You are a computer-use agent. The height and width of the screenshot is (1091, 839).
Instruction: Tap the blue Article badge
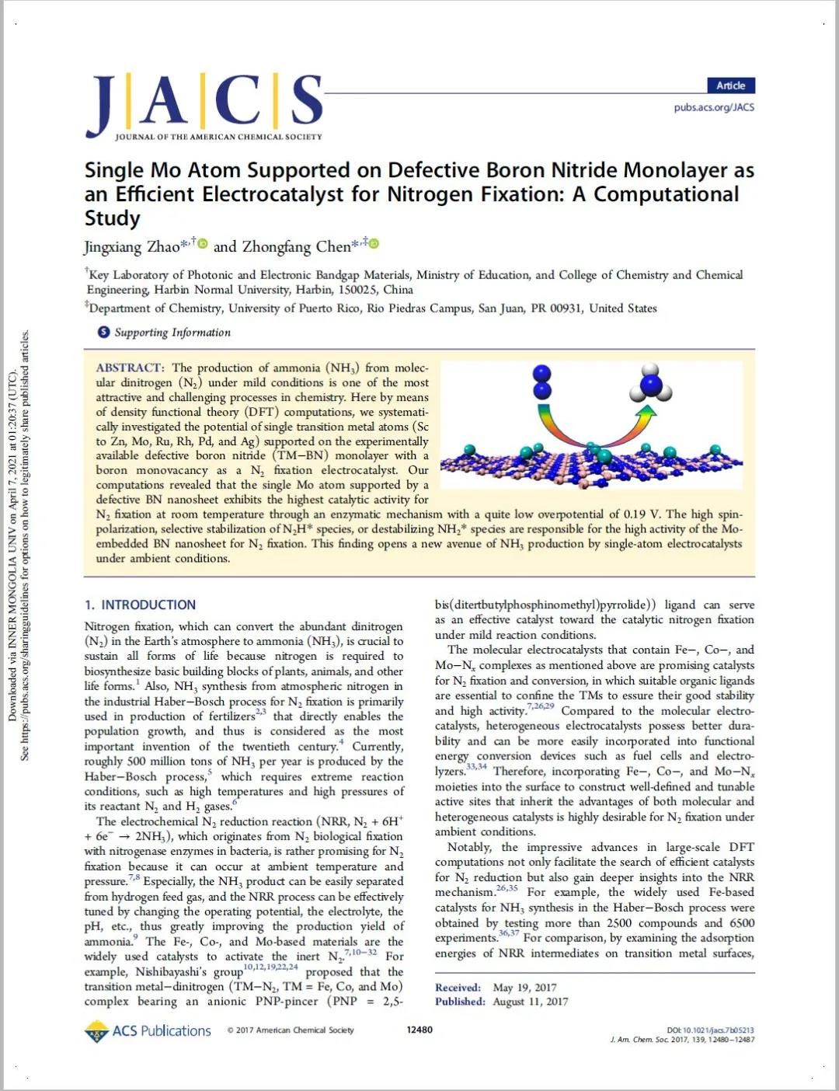(x=730, y=85)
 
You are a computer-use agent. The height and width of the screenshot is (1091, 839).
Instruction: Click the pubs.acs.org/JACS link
(x=713, y=107)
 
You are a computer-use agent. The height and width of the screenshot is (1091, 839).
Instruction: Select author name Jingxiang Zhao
(x=131, y=247)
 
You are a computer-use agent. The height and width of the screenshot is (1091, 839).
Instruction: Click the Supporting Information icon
(x=103, y=332)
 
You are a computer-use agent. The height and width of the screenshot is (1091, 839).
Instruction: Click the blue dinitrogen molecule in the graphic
(x=542, y=381)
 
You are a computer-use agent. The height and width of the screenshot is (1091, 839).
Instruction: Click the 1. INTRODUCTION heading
(x=141, y=605)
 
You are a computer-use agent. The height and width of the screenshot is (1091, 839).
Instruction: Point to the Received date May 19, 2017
(x=524, y=988)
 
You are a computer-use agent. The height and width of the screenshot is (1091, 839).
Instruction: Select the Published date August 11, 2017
(x=530, y=1002)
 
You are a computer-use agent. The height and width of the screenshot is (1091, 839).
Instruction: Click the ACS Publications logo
(x=148, y=1030)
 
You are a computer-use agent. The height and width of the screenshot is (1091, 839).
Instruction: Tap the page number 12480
(x=419, y=1030)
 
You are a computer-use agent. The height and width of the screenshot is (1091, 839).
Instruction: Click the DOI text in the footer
(x=710, y=1030)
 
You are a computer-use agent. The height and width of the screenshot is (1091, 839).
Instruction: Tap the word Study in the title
(x=112, y=218)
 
